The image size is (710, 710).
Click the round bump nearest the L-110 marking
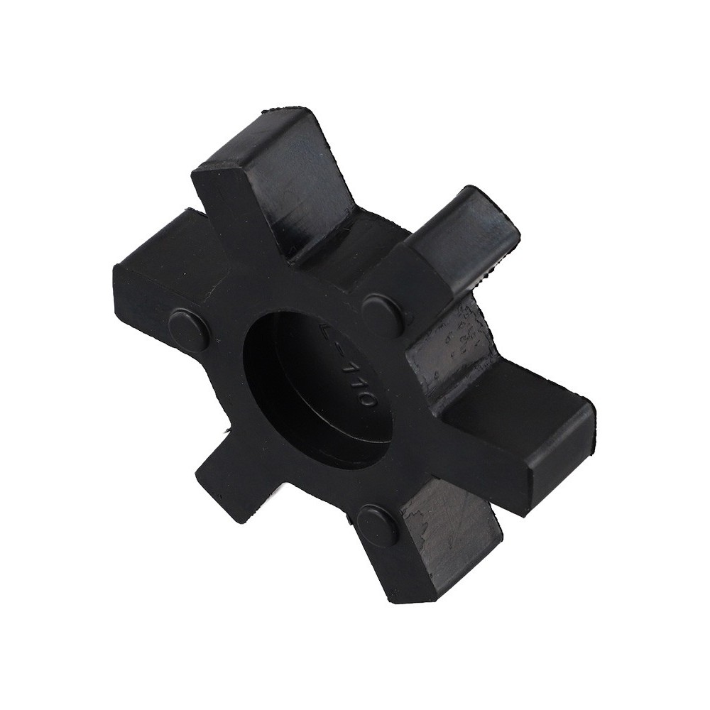[383, 313]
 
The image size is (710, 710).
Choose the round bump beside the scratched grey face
[377, 526]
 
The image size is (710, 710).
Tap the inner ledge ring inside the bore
[355, 440]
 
